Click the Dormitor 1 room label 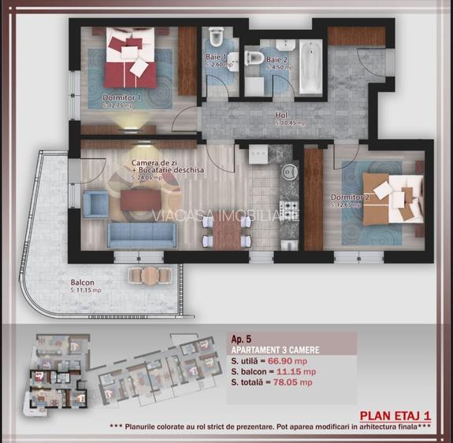point(121,98)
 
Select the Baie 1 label point(216,57)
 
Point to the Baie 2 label point(276,60)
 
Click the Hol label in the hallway point(281,115)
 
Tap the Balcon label point(82,282)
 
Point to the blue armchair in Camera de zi point(94,204)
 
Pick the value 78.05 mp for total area point(293,382)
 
